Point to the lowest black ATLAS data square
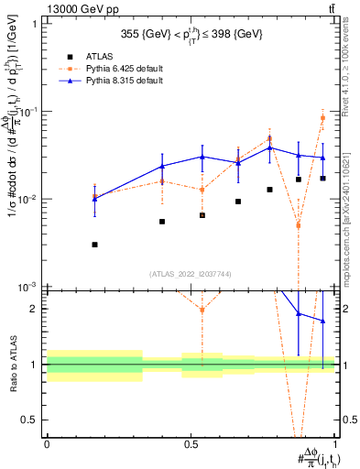[95, 245]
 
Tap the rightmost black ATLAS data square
[322, 179]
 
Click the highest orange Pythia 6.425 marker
[322, 117]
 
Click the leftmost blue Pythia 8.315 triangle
[95, 198]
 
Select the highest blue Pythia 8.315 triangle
[269, 147]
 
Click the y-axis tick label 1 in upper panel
[35, 24]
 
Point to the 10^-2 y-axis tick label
[27, 200]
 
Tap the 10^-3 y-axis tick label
[27, 288]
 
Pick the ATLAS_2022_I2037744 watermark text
[191, 274]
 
